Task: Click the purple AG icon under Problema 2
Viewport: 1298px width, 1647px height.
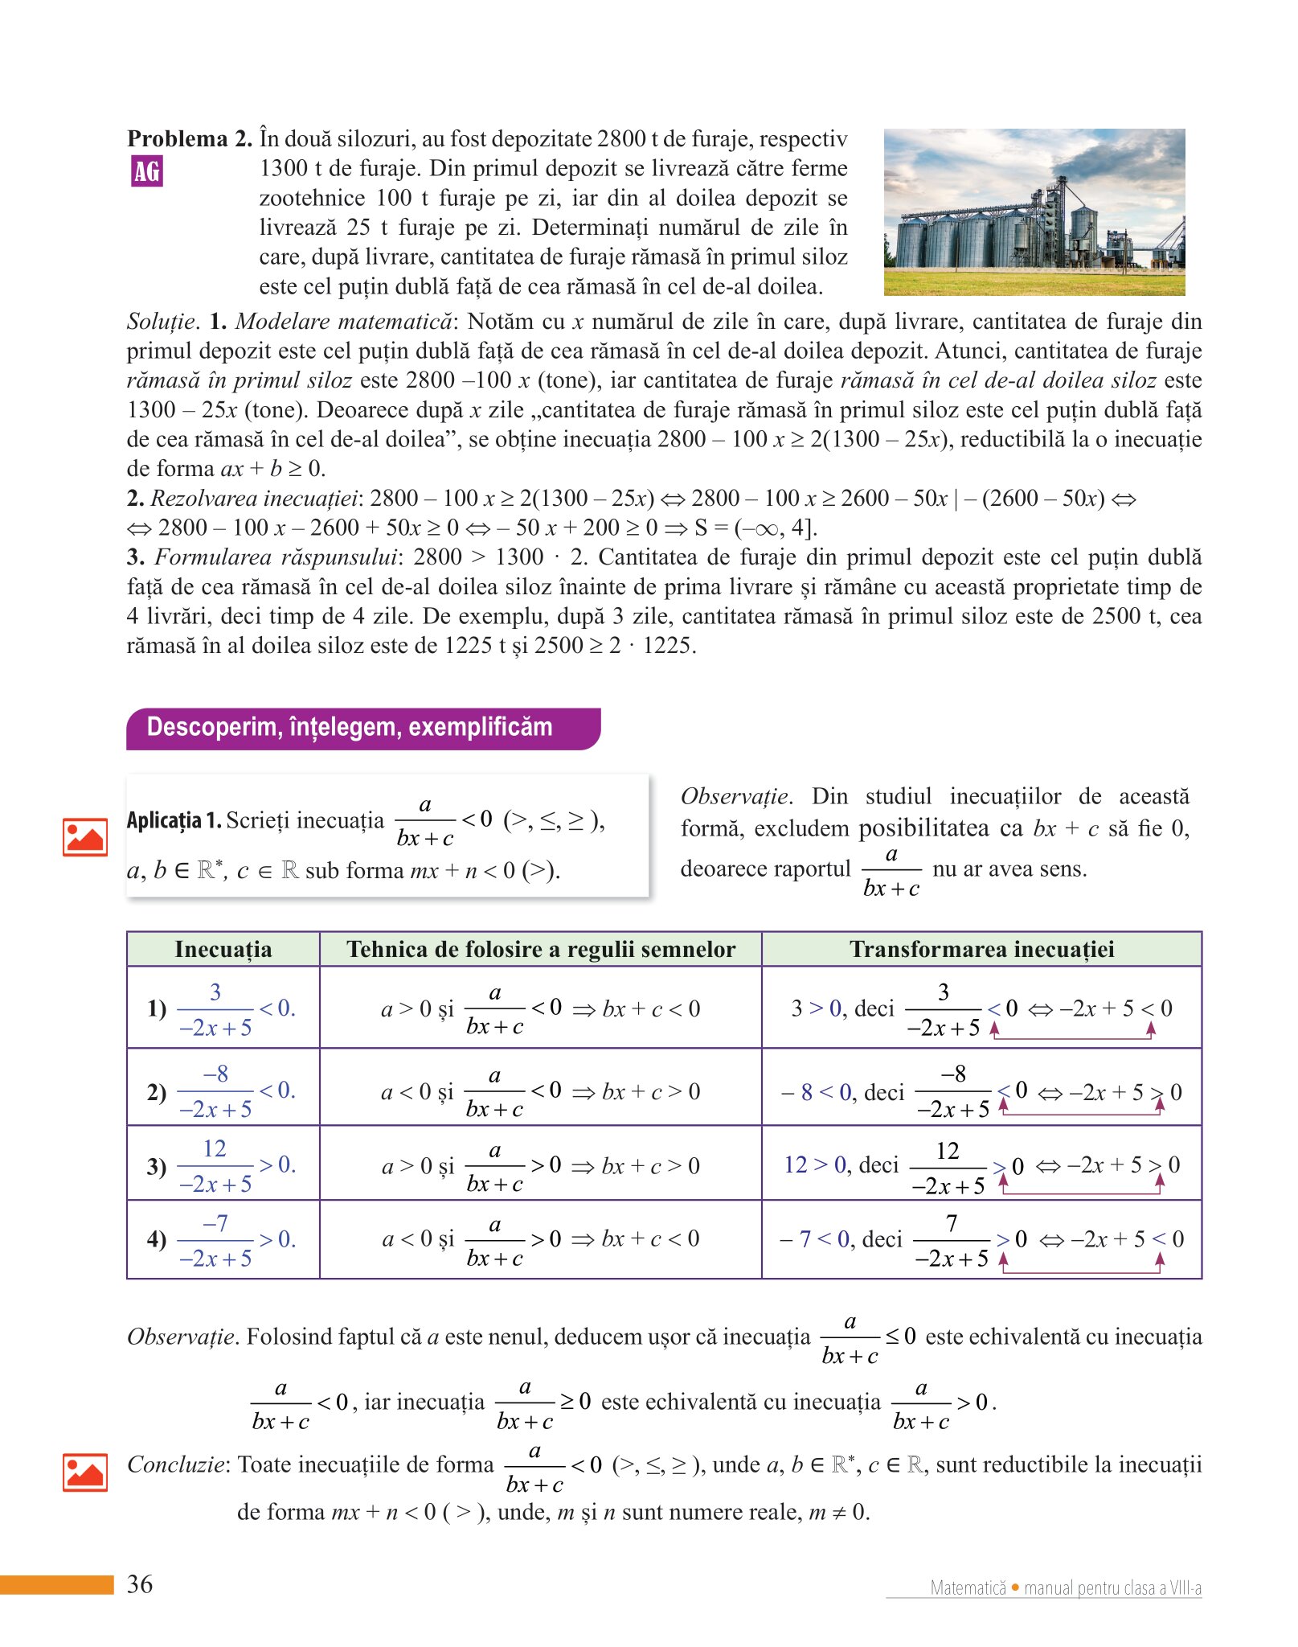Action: coord(147,171)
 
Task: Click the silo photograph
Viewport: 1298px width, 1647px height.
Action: coord(1034,212)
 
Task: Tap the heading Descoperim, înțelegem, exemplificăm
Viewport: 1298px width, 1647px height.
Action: coord(350,728)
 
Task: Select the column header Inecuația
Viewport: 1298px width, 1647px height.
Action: coord(223,950)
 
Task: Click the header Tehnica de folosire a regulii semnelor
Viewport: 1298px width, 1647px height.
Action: coord(540,950)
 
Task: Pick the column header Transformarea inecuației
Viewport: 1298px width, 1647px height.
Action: coord(981,950)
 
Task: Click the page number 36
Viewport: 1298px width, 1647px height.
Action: coord(140,1584)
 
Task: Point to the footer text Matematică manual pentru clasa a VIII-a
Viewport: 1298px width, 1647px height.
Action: coord(1065,1587)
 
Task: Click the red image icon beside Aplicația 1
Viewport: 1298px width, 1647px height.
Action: coord(85,837)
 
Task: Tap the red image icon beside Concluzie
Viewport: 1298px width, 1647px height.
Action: coord(85,1472)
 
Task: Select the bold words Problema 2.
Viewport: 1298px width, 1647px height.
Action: coord(190,139)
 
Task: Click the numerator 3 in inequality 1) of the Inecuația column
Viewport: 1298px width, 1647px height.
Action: coord(215,992)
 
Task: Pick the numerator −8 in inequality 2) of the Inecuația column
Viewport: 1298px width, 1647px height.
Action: coord(215,1074)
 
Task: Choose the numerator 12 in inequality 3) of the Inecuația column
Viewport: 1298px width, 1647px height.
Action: coord(215,1148)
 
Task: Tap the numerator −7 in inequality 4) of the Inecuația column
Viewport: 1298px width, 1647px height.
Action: coord(215,1223)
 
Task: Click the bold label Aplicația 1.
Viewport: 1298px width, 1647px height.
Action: coord(174,820)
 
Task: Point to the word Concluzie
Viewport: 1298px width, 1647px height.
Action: coord(175,1464)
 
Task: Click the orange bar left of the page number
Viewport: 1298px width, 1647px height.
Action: coord(56,1585)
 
